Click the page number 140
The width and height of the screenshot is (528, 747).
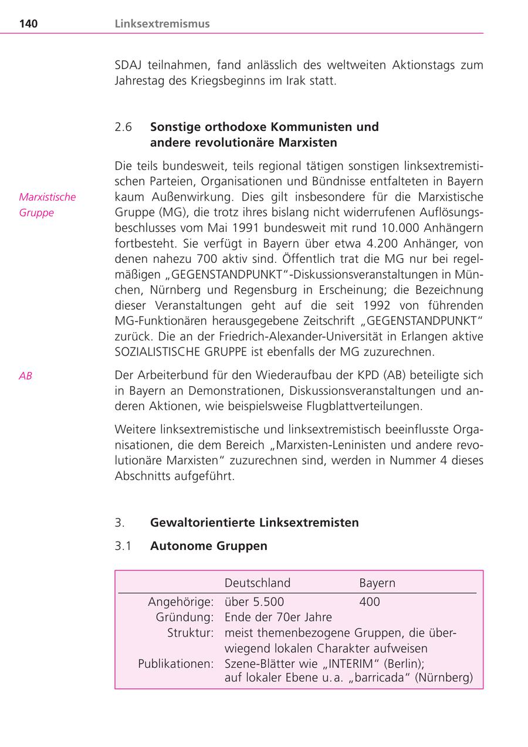28,24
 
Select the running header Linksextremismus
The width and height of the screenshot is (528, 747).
162,24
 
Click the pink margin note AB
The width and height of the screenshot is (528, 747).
25,376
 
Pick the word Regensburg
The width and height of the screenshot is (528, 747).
260,290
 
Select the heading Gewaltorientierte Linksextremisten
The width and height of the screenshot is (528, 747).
254,522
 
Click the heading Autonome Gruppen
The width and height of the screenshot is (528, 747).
208,546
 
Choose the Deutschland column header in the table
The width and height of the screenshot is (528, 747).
258,583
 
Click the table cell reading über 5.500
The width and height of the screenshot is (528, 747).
254,601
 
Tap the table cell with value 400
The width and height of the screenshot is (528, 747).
370,601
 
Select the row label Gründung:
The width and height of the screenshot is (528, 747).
184,617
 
